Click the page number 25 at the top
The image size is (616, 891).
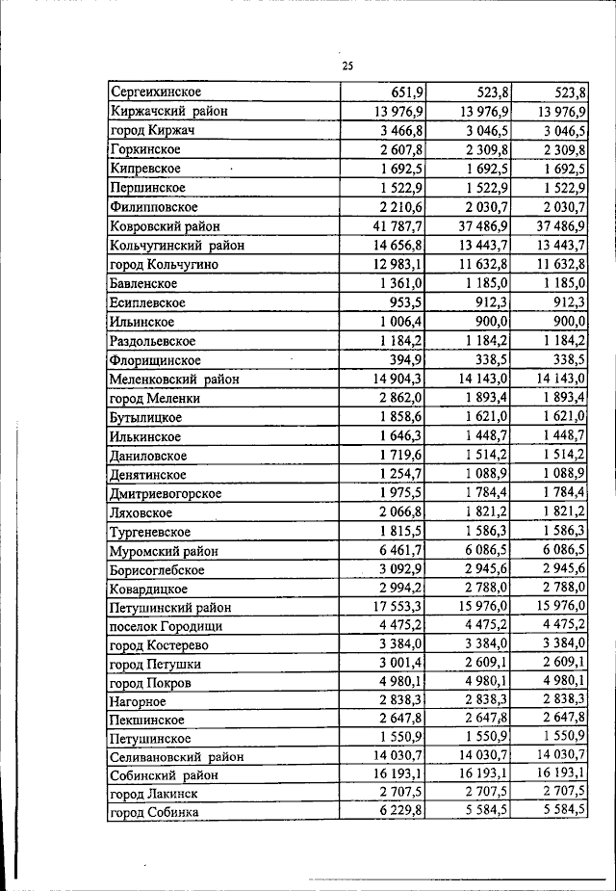(x=347, y=66)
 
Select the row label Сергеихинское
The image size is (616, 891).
(x=156, y=92)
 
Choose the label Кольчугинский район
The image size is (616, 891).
(x=177, y=246)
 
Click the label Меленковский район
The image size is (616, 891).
(x=174, y=380)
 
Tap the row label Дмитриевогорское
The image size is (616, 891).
(x=167, y=493)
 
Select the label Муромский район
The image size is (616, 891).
(x=165, y=551)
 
